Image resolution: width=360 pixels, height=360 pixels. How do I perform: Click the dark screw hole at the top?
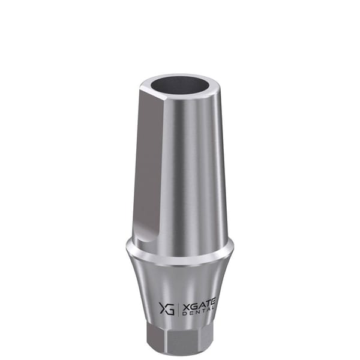(x=181, y=85)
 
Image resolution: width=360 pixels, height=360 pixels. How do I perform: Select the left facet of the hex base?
(x=157, y=337)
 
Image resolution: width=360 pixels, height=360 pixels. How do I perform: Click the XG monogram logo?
(x=167, y=308)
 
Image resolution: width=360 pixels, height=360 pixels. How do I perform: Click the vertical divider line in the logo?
(x=178, y=309)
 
